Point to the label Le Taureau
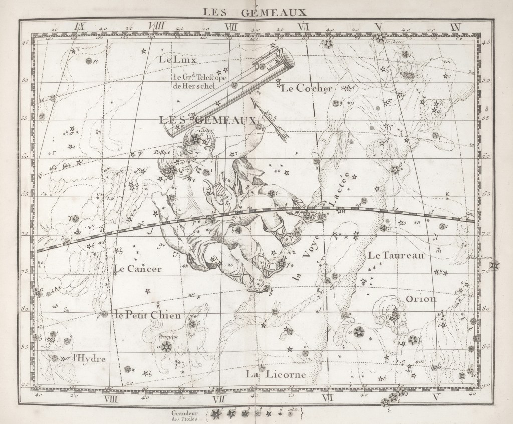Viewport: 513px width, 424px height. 396,255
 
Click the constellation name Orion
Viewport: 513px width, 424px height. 421,299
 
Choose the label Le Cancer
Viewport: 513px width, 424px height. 138,269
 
